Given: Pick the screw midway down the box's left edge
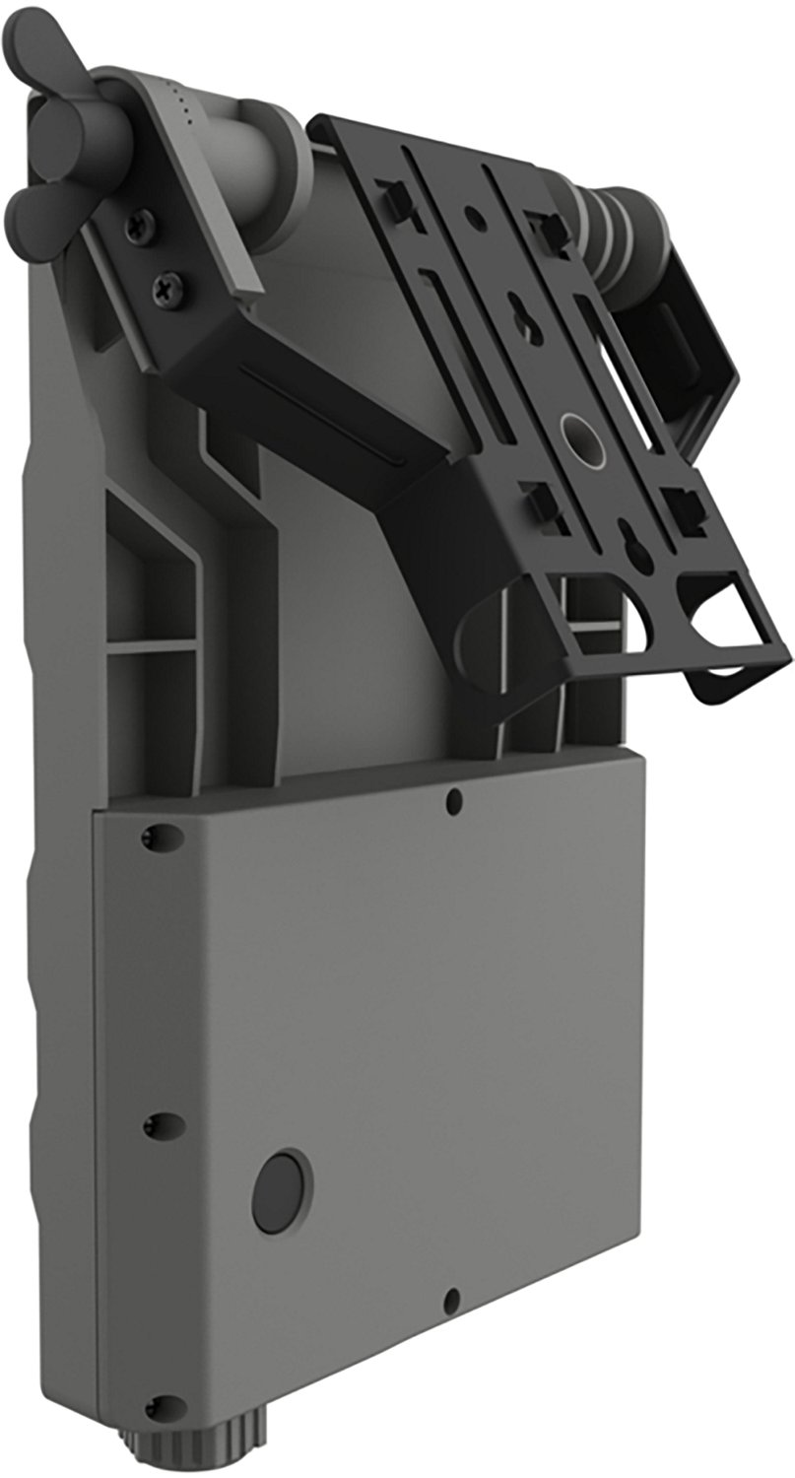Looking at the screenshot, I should (151, 1126).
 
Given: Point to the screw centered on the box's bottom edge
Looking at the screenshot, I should (451, 1298).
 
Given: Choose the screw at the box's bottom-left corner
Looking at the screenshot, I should (152, 1405).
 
